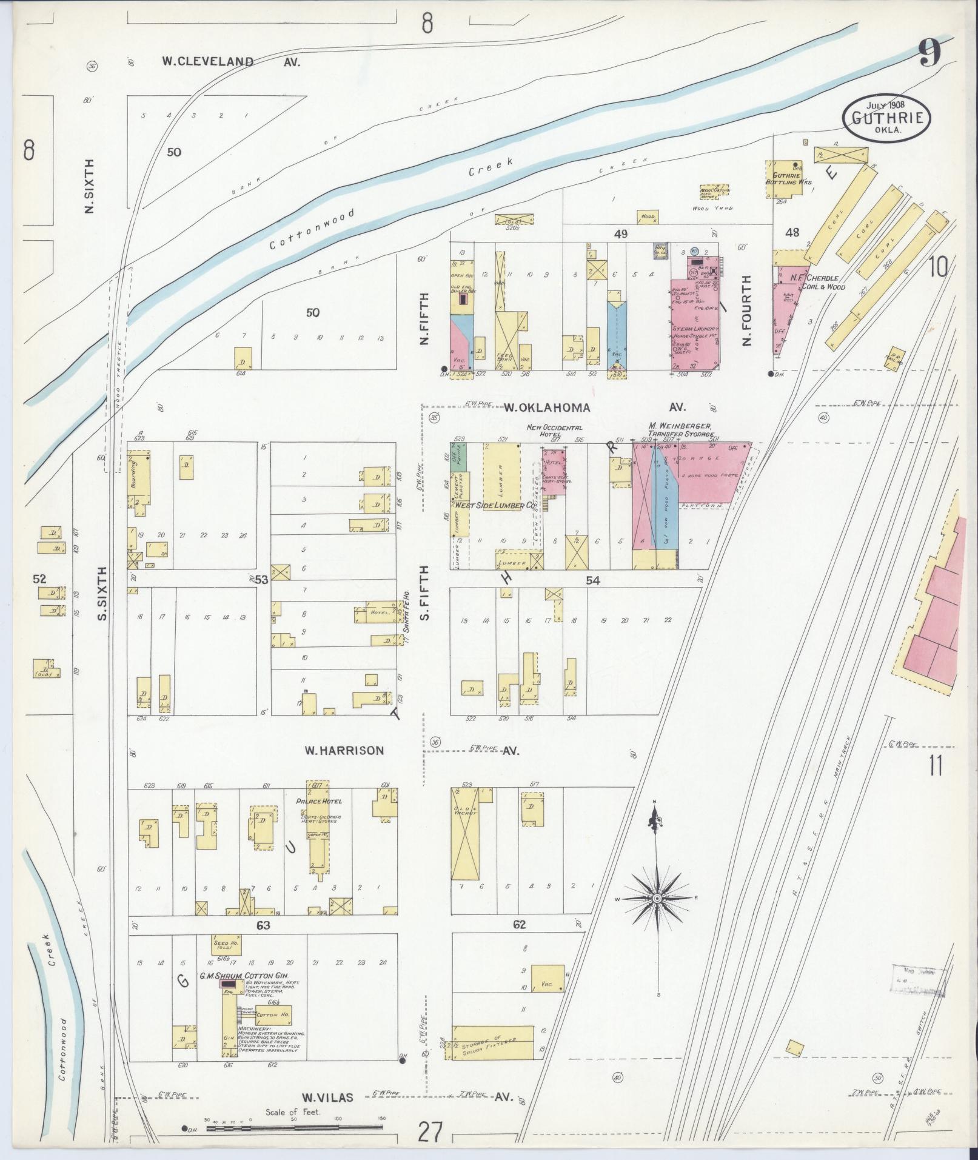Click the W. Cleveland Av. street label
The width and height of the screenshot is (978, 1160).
[230, 61]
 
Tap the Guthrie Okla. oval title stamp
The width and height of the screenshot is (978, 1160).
[886, 117]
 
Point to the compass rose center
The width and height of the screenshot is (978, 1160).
[657, 897]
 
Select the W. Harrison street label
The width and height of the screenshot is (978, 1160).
[344, 751]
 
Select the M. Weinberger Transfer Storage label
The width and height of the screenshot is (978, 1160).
[680, 430]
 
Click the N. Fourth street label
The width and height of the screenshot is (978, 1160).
[746, 310]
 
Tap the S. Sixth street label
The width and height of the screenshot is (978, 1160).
[102, 594]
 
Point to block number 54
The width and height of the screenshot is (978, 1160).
[592, 581]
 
